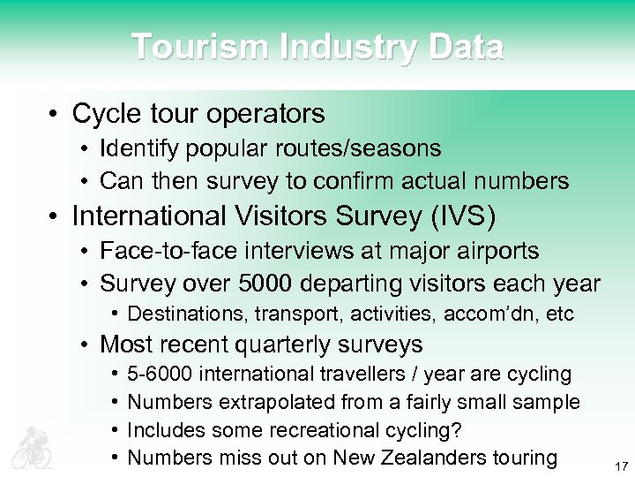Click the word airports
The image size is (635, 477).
[x=496, y=251]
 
